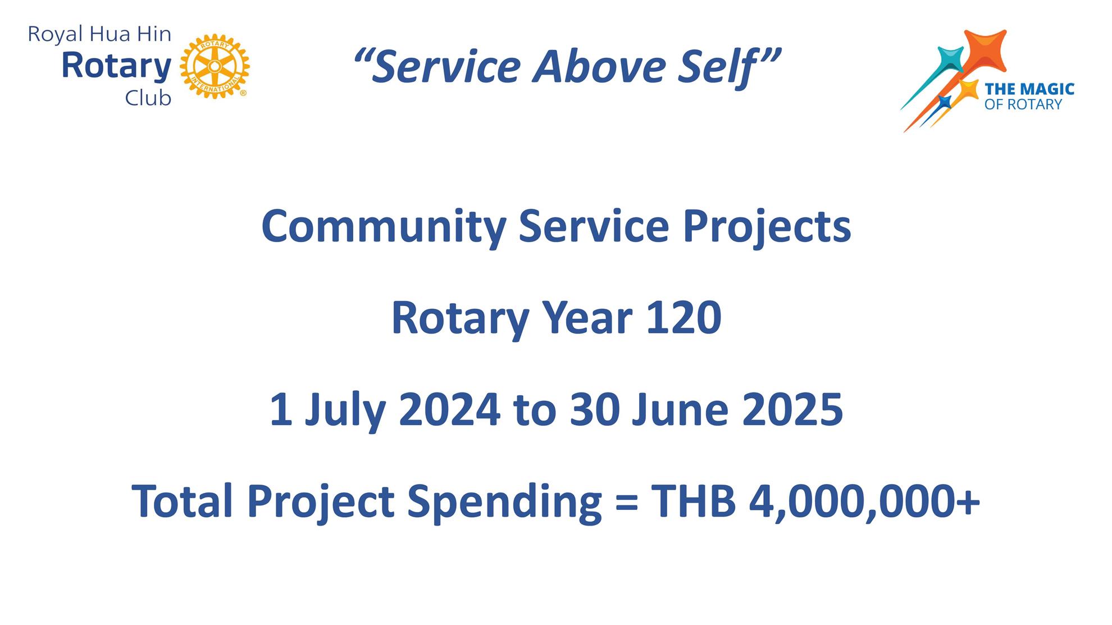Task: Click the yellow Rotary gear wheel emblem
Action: click(x=215, y=66)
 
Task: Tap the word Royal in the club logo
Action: click(x=56, y=35)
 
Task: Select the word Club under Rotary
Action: click(x=148, y=98)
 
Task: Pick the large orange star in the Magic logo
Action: click(x=984, y=52)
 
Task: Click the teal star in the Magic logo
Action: click(x=950, y=60)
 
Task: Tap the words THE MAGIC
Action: click(x=1029, y=89)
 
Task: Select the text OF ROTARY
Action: click(x=1023, y=104)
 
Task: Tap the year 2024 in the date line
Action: click(x=449, y=410)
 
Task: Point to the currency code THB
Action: click(x=693, y=501)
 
